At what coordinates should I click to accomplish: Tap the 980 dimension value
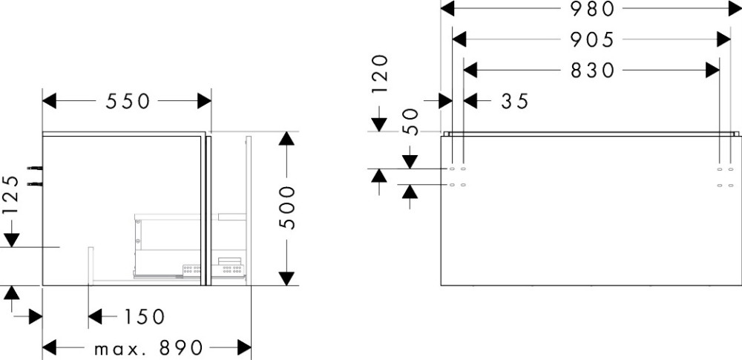tap(593, 9)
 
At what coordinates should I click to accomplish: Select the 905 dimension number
tap(593, 39)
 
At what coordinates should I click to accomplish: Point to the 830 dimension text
tap(593, 71)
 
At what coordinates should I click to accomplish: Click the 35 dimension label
tap(515, 101)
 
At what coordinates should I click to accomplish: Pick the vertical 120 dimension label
tap(380, 73)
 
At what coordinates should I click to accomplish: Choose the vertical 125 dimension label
tap(10, 195)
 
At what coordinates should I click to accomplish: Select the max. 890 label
tap(149, 347)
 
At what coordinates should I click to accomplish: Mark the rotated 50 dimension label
tap(410, 122)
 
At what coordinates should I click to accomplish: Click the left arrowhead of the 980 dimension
tap(447, 9)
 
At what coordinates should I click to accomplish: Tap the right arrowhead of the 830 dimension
tap(713, 71)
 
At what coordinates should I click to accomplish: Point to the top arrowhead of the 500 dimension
tap(286, 139)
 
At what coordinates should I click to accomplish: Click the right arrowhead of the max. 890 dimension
tap(244, 347)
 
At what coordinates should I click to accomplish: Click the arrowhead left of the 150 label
tap(95, 317)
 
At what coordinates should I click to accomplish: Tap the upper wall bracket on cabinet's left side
tap(33, 167)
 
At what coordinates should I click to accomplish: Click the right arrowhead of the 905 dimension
tap(724, 39)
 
